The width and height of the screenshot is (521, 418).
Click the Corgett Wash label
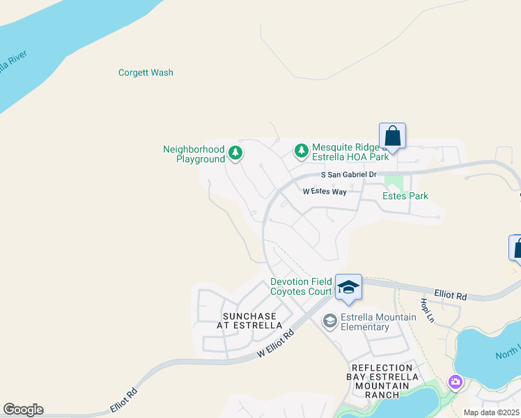pyautogui.click(x=146, y=72)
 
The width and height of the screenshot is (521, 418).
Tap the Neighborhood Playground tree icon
pyautogui.click(x=235, y=153)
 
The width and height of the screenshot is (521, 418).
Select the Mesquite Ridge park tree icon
pyautogui.click(x=301, y=150)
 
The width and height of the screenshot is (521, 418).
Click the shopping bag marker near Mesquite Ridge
pyautogui.click(x=392, y=136)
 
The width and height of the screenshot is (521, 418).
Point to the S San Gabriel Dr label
pyautogui.click(x=348, y=175)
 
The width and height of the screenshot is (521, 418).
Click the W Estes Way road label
pyautogui.click(x=325, y=191)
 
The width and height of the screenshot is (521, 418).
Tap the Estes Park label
pyautogui.click(x=405, y=196)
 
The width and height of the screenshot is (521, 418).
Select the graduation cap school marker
pyautogui.click(x=348, y=287)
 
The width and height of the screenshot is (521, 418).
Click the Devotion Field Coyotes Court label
pyautogui.click(x=301, y=287)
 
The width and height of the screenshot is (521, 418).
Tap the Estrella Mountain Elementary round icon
pyautogui.click(x=329, y=321)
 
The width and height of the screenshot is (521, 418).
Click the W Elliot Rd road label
pyautogui.click(x=276, y=343)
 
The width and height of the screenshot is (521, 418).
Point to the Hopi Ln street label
pyautogui.click(x=426, y=311)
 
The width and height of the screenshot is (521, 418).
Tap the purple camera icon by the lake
pyautogui.click(x=456, y=382)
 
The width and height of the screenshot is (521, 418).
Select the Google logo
pyautogui.click(x=23, y=410)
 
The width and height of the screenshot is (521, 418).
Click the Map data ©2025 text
pyautogui.click(x=491, y=412)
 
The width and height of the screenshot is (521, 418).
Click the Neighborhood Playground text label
pyautogui.click(x=194, y=154)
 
